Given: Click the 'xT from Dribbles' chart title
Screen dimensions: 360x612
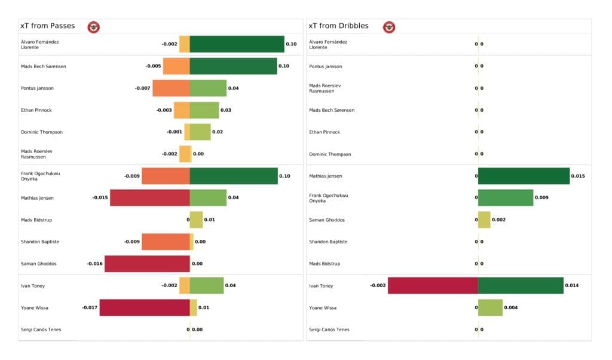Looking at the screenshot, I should click(x=338, y=26).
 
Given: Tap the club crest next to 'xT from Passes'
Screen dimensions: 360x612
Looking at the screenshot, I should click(x=94, y=27).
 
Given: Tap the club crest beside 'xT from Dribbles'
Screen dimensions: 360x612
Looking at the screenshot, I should click(x=389, y=27).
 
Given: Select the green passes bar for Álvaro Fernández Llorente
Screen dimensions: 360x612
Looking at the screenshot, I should click(x=237, y=44).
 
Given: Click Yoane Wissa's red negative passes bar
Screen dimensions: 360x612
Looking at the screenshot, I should click(x=145, y=308).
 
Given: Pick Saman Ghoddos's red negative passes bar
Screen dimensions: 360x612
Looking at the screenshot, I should click(x=147, y=264).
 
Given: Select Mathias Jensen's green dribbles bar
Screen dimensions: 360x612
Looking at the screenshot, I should click(x=524, y=176).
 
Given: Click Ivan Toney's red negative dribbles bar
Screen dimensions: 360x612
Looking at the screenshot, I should click(x=433, y=286).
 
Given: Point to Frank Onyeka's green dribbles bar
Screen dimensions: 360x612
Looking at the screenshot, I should click(x=506, y=198).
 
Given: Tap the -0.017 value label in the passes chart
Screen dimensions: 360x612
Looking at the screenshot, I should click(x=90, y=308).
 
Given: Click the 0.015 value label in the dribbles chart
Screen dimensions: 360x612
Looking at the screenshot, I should click(x=578, y=176).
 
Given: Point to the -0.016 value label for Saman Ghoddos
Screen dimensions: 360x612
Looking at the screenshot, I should click(x=94, y=264).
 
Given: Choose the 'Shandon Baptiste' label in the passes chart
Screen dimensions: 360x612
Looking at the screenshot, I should click(x=40, y=242).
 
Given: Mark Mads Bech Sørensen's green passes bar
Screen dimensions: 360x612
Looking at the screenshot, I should click(x=233, y=66).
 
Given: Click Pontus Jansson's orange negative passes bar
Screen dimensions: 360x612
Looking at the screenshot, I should click(x=171, y=89).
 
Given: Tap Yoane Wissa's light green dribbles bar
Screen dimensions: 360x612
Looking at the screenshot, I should click(x=490, y=308).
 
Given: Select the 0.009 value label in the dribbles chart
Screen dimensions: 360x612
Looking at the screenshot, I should click(x=541, y=198).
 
